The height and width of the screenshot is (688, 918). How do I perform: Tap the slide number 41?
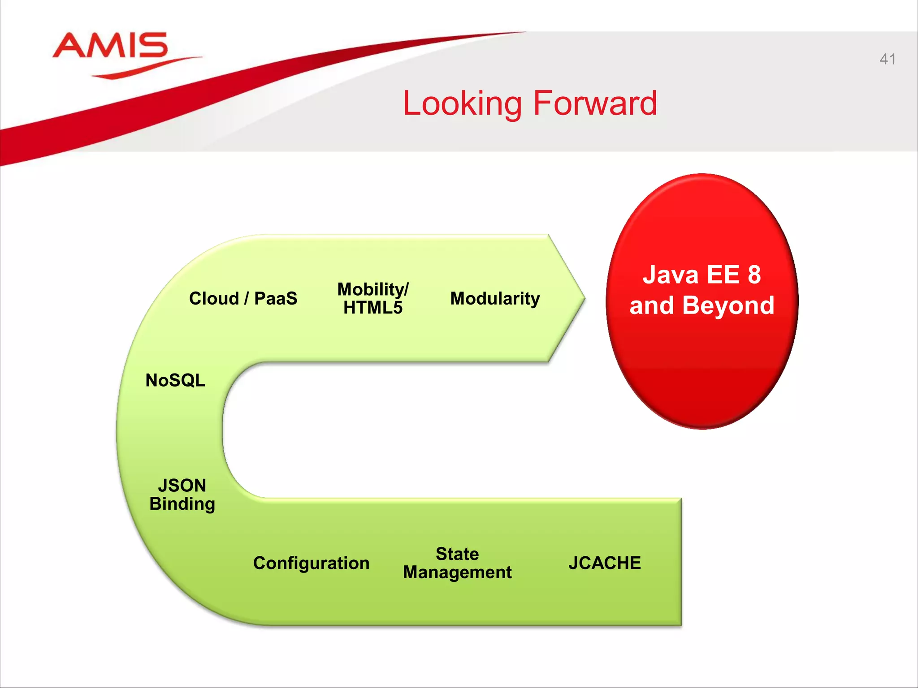click(888, 59)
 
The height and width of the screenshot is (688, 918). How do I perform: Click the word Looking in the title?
click(462, 103)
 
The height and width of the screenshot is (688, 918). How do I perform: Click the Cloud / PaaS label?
click(243, 298)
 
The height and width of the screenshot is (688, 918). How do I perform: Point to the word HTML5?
click(372, 308)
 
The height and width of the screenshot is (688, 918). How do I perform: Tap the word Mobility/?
click(372, 289)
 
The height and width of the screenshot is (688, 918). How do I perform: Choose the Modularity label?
click(495, 298)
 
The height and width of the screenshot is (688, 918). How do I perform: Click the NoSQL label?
click(175, 380)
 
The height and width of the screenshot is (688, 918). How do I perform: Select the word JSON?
click(182, 486)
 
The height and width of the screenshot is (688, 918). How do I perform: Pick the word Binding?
click(182, 504)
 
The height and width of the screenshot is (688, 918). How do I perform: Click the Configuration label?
click(311, 563)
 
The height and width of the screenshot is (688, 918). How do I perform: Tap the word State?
click(457, 554)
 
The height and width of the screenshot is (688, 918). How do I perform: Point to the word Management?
click(457, 572)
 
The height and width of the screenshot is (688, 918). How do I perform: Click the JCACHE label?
click(604, 563)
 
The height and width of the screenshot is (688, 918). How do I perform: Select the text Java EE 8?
click(701, 275)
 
